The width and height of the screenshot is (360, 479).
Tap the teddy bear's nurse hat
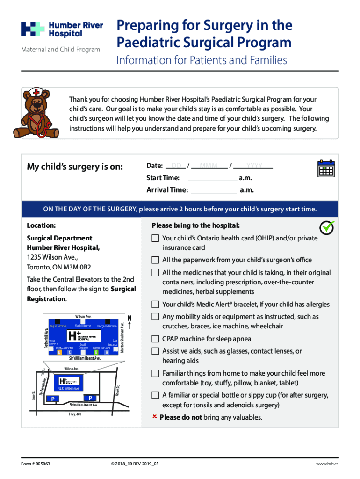[35, 92]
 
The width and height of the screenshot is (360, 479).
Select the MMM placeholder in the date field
[208, 166]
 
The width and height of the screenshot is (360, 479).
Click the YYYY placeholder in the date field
[254, 166]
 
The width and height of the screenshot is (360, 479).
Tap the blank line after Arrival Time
[214, 190]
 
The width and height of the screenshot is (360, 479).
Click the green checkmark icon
[327, 227]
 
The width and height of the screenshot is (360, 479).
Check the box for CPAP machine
[155, 339]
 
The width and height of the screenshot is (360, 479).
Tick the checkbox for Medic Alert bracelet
[155, 305]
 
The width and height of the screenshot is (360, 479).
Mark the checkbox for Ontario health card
[155, 238]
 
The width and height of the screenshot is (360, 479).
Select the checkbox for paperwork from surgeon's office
[155, 260]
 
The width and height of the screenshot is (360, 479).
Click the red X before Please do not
[154, 417]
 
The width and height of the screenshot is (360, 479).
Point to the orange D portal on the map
[59, 352]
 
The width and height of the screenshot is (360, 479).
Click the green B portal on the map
[96, 352]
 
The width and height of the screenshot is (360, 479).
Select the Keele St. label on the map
[118, 388]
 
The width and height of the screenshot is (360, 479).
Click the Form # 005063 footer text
[35, 464]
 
